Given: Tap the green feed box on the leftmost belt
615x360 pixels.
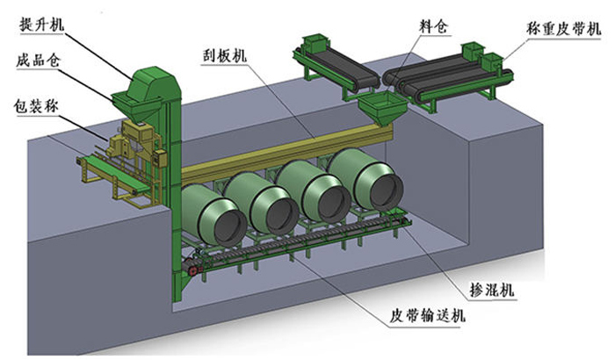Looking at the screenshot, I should click(x=313, y=42).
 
